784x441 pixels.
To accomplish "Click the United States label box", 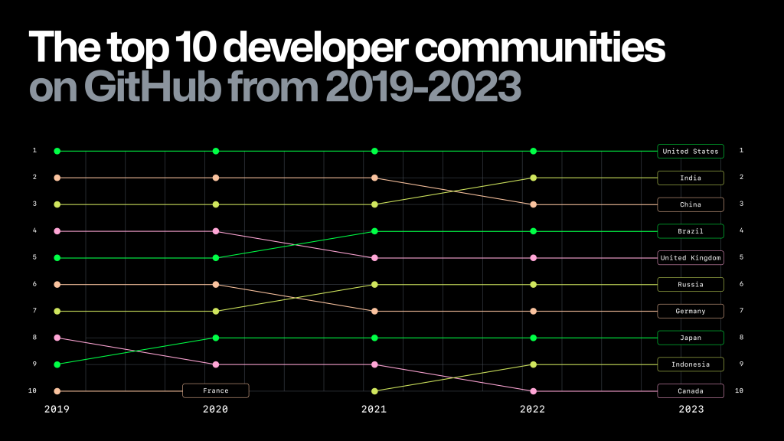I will [x=690, y=152].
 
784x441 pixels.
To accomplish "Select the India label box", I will [x=690, y=178].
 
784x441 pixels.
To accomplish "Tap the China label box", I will [x=690, y=204].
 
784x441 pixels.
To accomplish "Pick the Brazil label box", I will [x=690, y=231].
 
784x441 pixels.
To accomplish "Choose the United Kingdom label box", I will [x=690, y=258].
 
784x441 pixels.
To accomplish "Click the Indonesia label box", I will [x=690, y=364].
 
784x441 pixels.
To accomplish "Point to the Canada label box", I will [x=690, y=391].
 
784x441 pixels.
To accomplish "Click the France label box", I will [x=215, y=391].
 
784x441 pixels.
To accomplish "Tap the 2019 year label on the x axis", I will [x=57, y=410].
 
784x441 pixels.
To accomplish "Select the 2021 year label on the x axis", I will [x=374, y=410].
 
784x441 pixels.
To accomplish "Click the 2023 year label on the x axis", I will [x=691, y=410].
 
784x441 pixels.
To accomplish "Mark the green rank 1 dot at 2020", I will [x=216, y=152].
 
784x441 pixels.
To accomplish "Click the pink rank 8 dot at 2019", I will [x=57, y=338].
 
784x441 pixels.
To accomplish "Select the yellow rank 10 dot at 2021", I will [x=374, y=391].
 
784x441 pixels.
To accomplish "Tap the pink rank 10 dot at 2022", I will [x=533, y=391].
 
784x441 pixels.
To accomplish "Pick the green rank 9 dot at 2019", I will [x=57, y=364].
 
